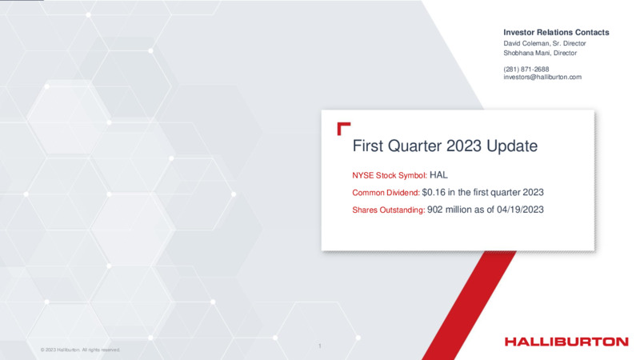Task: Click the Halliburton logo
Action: tap(566, 342)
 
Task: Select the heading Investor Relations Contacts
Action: tap(556, 32)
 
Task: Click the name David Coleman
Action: tap(526, 43)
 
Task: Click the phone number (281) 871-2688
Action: tap(526, 70)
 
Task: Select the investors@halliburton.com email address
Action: tap(542, 77)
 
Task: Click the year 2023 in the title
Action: tap(464, 146)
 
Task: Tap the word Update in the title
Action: tap(512, 146)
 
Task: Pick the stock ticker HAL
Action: tap(438, 175)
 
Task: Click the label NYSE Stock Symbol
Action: tap(390, 175)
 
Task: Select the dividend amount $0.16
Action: tap(434, 192)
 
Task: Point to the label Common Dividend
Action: tap(386, 193)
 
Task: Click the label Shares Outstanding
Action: tap(389, 210)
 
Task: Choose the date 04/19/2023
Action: tap(520, 210)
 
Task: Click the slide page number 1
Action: tap(319, 346)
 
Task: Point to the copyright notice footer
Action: tap(81, 350)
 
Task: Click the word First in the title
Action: tap(367, 146)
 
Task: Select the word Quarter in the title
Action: tap(414, 146)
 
